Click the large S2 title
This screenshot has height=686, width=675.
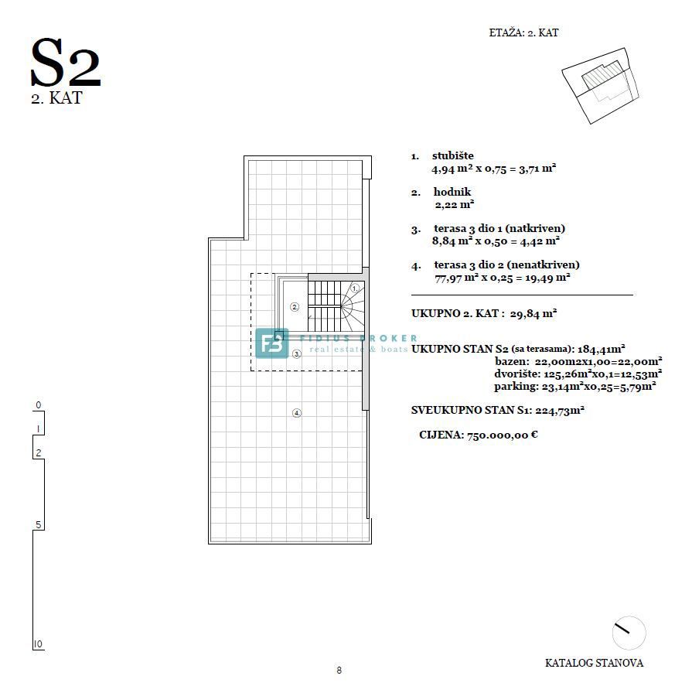66,63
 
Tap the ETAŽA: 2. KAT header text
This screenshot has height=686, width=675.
523,33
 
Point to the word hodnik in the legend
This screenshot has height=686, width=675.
452,192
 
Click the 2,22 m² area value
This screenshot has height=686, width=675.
454,205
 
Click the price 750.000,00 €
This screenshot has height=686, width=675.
501,435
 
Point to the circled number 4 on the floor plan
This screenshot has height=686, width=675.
297,413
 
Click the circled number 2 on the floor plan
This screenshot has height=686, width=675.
294,307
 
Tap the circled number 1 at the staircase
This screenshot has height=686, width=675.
354,288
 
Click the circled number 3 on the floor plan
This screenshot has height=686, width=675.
297,353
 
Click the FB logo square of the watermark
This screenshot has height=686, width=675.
272,343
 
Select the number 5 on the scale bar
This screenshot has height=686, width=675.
38,525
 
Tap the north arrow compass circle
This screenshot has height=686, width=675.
629,633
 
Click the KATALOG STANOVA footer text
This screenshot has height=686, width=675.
594,663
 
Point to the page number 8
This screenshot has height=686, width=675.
339,671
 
